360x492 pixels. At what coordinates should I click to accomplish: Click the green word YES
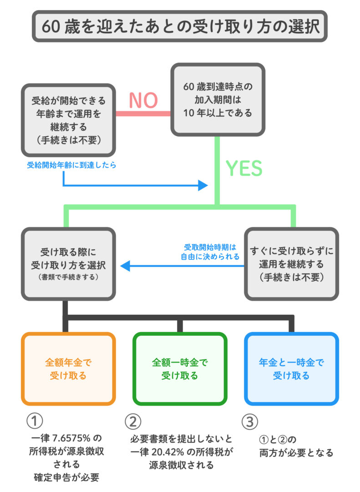[244, 168]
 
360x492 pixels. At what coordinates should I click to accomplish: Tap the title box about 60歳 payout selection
[180, 26]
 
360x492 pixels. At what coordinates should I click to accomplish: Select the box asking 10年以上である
[217, 99]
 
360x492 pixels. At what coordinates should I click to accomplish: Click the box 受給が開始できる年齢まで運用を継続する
[68, 120]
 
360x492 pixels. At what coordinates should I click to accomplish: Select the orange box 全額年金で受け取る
[68, 369]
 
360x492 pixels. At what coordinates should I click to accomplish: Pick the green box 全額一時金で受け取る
[180, 369]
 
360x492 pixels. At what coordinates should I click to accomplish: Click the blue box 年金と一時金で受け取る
[291, 369]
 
